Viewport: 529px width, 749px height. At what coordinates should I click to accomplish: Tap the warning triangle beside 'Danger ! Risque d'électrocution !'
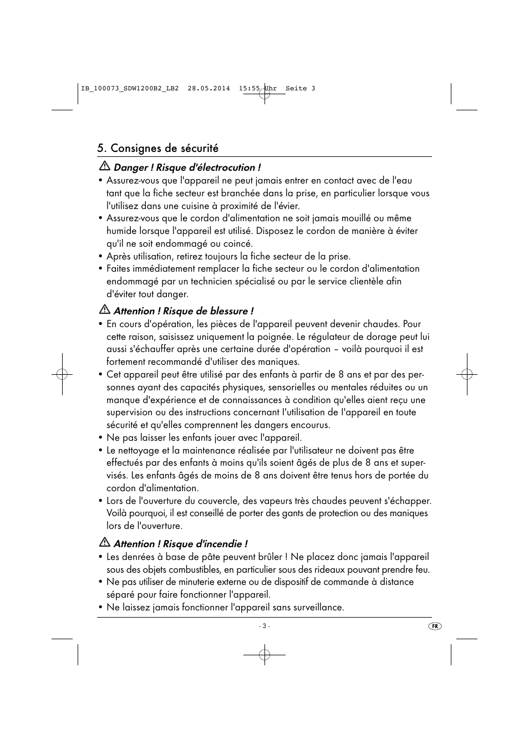tap(104, 167)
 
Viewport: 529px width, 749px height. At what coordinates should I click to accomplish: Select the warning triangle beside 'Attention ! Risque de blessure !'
tap(104, 310)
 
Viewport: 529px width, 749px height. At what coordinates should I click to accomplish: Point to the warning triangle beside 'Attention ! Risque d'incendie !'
tap(104, 543)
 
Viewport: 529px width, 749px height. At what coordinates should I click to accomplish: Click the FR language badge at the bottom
tap(435, 626)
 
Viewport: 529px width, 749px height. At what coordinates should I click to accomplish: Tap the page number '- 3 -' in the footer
tap(264, 626)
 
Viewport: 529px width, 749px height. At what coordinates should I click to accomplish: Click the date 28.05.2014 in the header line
tap(208, 89)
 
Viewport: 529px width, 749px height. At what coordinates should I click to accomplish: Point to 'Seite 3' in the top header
tap(300, 89)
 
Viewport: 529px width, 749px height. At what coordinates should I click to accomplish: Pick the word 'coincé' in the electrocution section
tap(238, 243)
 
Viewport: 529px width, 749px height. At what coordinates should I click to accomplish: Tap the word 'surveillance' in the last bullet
tap(318, 607)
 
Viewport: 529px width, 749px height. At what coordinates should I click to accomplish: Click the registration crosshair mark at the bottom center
tap(264, 655)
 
